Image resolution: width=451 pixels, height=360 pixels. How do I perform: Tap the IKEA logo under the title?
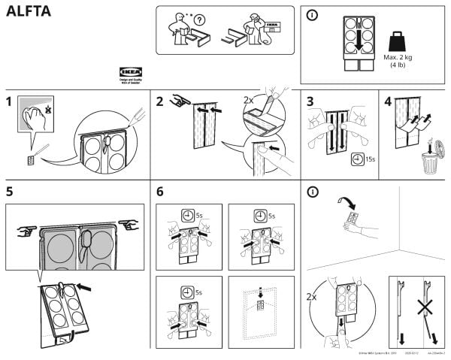pos(131,72)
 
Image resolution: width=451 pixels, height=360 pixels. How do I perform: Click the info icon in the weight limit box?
pos(312,14)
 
